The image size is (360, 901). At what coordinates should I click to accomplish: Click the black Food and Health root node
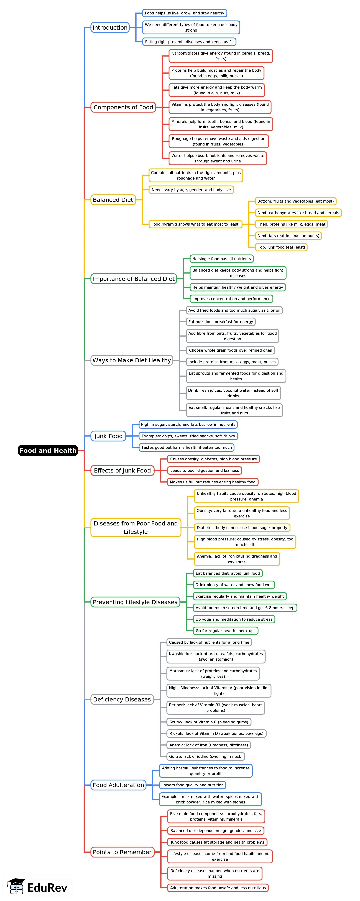tap(48, 450)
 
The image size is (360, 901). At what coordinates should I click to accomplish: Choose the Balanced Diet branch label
tap(113, 200)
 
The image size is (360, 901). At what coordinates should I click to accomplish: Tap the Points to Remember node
tap(122, 852)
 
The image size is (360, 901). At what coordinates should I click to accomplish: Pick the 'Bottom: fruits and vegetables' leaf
tap(295, 201)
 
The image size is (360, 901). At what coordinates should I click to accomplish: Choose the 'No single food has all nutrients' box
tap(221, 259)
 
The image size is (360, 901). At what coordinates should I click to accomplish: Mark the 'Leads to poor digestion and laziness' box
tap(204, 470)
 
